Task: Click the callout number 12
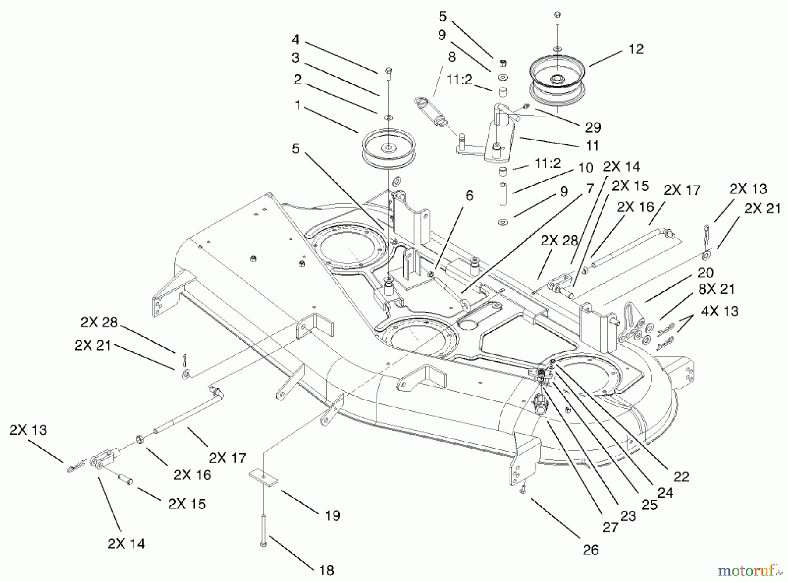[x=636, y=49]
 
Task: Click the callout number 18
[x=327, y=570]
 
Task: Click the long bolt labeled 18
[x=264, y=529]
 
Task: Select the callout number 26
[x=591, y=550]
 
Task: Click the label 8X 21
[x=716, y=289]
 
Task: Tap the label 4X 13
[x=720, y=311]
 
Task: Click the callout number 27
[x=610, y=527]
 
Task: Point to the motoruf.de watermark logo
[x=750, y=571]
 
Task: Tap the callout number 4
[x=295, y=39]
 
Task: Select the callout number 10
[x=586, y=168]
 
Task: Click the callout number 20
[x=705, y=273]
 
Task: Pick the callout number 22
[x=681, y=476]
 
